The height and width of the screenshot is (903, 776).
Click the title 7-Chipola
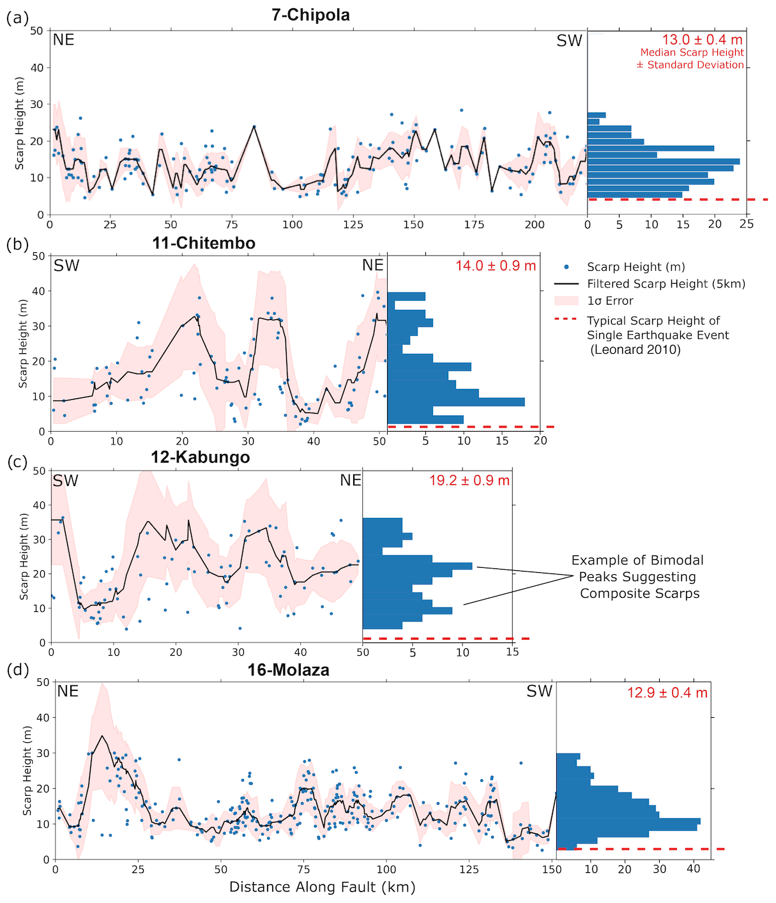coord(310,15)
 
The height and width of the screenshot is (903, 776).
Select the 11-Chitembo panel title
coord(204,243)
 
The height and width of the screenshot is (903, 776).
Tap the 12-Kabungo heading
coord(200,457)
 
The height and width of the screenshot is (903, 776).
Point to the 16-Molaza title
coord(288,670)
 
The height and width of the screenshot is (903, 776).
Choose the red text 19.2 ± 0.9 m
coord(469,480)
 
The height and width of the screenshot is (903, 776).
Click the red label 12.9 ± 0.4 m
coord(667,693)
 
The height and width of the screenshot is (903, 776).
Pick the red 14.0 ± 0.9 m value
coord(496,266)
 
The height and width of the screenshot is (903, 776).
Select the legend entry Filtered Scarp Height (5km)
coord(666,284)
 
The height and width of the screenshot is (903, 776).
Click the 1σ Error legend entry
coord(610,301)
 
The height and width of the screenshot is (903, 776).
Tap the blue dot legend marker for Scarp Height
coord(567,267)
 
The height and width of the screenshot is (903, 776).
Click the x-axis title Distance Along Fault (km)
coord(322,887)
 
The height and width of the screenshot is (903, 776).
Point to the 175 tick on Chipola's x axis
coord(475,224)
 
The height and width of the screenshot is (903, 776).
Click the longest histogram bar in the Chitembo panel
coord(456,402)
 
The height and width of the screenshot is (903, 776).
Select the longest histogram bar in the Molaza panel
coord(628,821)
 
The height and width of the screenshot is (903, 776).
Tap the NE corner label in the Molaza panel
coord(68,692)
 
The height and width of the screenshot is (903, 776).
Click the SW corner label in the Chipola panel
coord(569,41)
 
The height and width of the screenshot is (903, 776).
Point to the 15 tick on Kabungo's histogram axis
coord(512,653)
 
